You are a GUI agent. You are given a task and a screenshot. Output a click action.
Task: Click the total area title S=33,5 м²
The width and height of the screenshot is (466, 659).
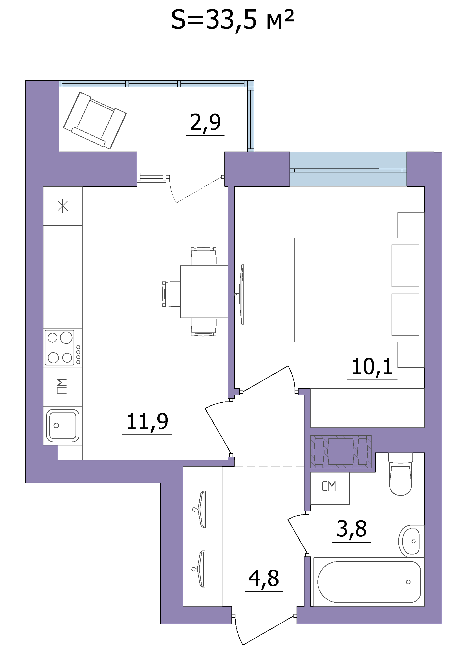click(x=233, y=20)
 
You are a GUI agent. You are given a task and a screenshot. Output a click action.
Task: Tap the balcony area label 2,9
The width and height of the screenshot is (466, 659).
click(x=205, y=123)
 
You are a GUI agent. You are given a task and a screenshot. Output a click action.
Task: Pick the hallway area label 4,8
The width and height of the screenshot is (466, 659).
click(x=264, y=579)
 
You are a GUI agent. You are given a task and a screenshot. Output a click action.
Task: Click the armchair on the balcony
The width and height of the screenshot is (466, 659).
click(x=95, y=120)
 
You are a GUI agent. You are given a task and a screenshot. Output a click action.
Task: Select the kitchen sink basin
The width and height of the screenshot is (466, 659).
click(x=63, y=426)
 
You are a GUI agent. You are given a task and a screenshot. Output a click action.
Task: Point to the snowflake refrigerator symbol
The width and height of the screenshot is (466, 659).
click(x=63, y=206)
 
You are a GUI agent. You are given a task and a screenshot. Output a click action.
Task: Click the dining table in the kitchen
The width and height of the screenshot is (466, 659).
click(x=204, y=292)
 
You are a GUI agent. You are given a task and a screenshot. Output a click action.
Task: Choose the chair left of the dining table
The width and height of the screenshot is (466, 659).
click(x=171, y=294)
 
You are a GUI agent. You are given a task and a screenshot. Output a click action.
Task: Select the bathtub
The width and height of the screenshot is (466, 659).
click(x=369, y=582)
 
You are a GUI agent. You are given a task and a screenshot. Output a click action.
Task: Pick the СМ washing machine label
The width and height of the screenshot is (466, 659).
click(x=329, y=487)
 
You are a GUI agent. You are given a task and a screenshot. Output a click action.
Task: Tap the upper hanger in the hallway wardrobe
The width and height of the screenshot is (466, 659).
click(x=200, y=509)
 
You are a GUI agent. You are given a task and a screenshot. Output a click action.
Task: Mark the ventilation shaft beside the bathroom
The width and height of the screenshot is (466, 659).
click(x=341, y=452)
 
